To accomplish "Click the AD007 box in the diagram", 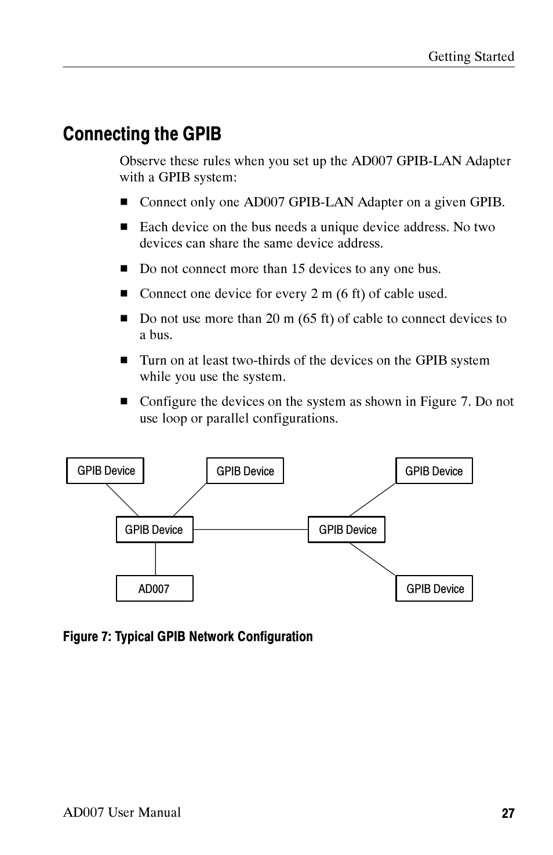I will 154,588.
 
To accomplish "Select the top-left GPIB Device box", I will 105,470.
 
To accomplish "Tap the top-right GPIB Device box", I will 434,471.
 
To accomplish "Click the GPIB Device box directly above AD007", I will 154,529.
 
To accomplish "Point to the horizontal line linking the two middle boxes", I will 250,529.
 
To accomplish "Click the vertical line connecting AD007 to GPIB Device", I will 155,559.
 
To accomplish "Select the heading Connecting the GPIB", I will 142,134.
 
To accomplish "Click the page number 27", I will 508,813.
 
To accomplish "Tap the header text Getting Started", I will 471,56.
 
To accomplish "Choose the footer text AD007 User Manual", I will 122,812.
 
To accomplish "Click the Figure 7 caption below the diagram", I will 187,636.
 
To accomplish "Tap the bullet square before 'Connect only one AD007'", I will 123,202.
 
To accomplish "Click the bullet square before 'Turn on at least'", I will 123,361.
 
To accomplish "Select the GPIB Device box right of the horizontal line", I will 347,529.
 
